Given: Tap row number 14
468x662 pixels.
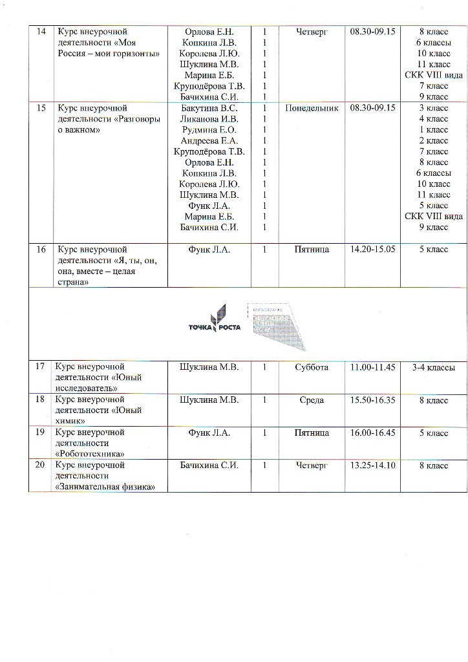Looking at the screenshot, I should pos(40,31).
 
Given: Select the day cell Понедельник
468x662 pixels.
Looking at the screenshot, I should pos(312,109).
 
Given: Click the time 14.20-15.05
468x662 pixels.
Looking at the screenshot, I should pos(372,249).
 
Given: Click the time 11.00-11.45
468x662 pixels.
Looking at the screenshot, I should pos(372,367).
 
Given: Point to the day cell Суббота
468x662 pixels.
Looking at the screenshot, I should pos(312,367).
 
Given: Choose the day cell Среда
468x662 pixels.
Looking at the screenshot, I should pos(312,400).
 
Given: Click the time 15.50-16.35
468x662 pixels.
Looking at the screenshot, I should pos(372,400).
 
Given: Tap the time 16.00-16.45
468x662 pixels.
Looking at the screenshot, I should pos(372,432).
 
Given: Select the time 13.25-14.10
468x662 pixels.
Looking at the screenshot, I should pos(372,465).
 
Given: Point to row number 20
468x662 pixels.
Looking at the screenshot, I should pos(40,465).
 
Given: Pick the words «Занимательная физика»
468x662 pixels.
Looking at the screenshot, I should pos(106,486).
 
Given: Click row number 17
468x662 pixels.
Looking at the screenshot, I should pos(40,367).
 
